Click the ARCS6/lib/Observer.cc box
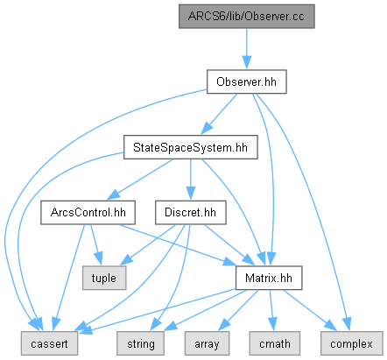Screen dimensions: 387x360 point(247,17)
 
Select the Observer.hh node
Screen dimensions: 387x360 point(247,81)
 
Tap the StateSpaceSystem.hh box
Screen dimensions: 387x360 point(191,147)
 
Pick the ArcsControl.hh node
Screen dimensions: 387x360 point(88,213)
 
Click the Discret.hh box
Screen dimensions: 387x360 point(191,213)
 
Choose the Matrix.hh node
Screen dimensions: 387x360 point(269,278)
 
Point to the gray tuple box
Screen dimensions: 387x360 point(104,278)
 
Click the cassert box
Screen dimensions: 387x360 point(49,343)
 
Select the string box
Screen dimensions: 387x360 point(140,343)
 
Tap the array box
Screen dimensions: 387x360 point(207,343)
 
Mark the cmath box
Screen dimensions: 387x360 point(275,343)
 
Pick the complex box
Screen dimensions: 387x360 point(352,343)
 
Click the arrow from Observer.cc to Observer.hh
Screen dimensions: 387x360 point(247,49)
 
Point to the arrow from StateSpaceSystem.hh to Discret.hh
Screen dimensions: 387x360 point(191,180)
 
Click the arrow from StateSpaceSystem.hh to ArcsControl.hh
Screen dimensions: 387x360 point(139,180)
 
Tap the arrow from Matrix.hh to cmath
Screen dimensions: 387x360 point(271,310)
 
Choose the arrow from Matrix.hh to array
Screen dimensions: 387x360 point(238,310)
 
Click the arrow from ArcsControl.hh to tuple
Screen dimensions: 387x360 point(95,244)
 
